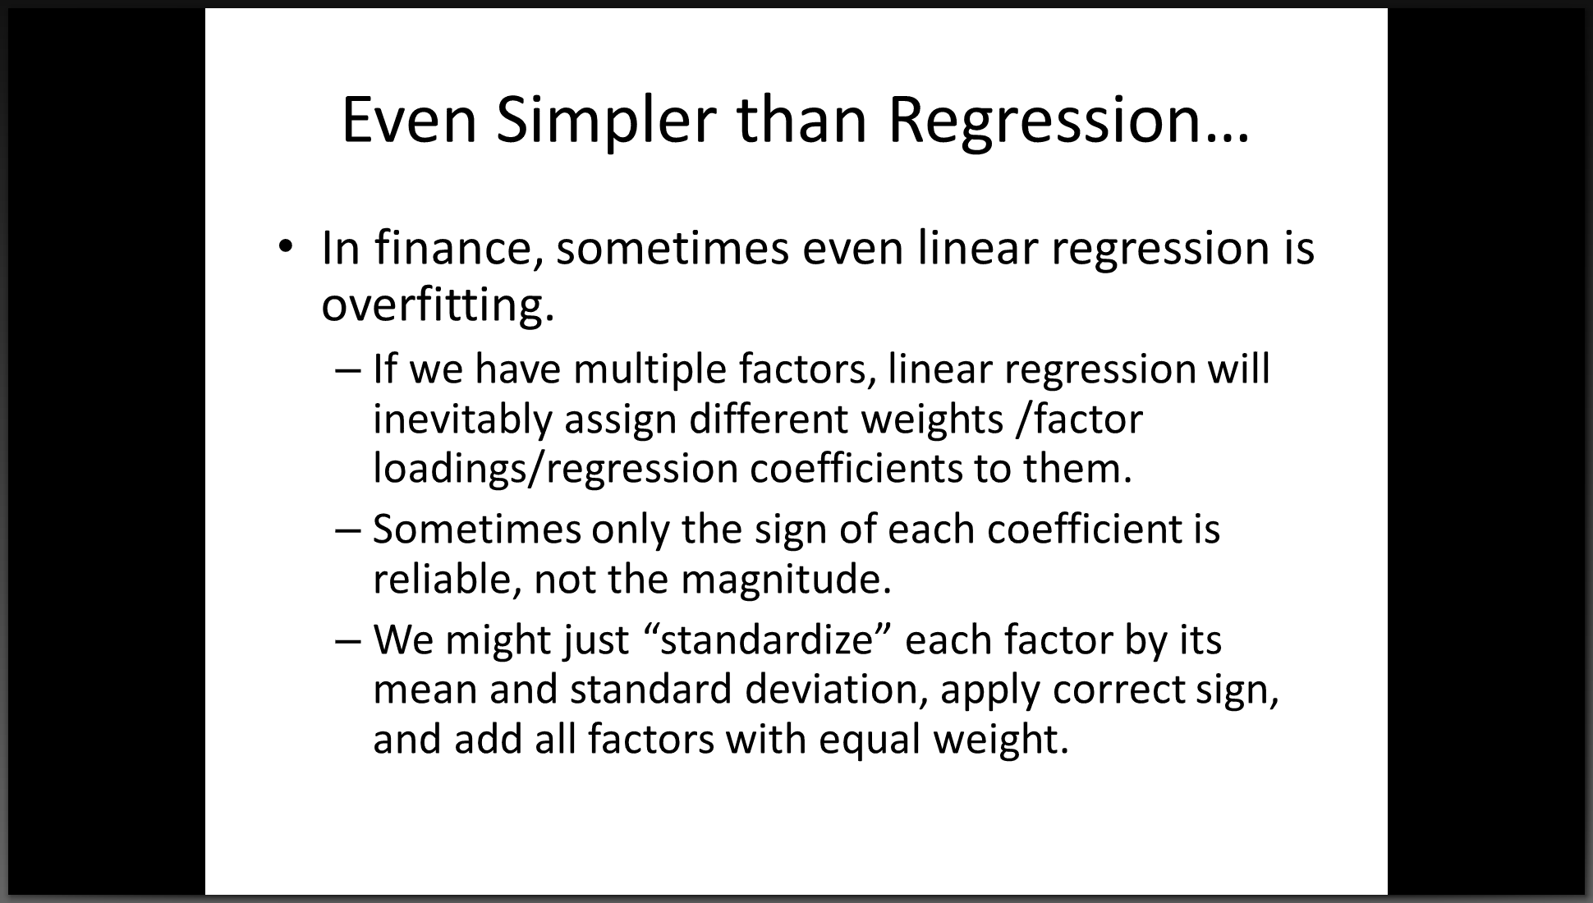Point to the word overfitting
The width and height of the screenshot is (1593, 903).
[x=437, y=305]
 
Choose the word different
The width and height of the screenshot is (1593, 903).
[x=769, y=419]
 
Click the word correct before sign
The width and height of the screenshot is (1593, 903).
[x=1118, y=690]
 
